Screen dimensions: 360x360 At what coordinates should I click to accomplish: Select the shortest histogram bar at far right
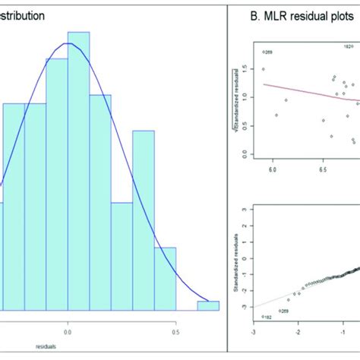(208, 305)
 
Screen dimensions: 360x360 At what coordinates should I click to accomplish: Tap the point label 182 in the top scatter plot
(349, 46)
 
